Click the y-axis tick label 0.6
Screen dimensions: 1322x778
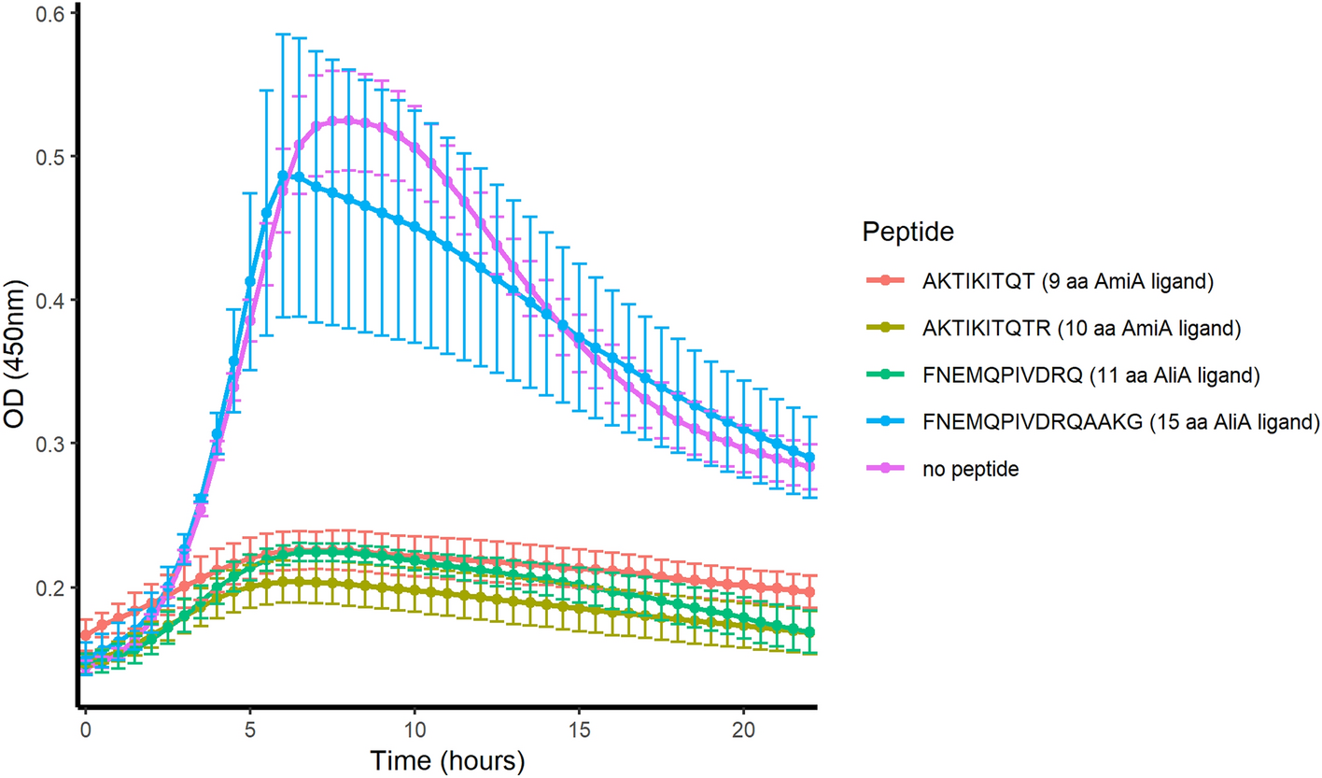tap(48, 14)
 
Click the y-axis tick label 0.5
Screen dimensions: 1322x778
tap(48, 156)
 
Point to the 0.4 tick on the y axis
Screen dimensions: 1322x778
tap(48, 300)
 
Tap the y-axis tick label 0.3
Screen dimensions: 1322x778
tap(48, 443)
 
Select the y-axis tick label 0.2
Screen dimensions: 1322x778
tap(48, 587)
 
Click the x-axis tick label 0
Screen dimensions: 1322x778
tap(86, 727)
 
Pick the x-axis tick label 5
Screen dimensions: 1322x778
tap(250, 727)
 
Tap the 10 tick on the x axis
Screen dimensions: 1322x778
tap(415, 727)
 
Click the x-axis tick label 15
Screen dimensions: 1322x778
tap(579, 727)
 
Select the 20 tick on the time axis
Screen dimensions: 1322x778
tap(743, 727)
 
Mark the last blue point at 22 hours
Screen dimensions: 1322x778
tap(809, 458)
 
